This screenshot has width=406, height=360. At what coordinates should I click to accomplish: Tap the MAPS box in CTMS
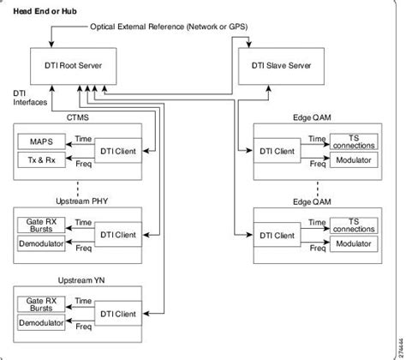(x=40, y=141)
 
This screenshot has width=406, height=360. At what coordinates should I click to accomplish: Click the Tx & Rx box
(x=40, y=160)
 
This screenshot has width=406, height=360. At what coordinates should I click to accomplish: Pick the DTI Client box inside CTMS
(x=116, y=151)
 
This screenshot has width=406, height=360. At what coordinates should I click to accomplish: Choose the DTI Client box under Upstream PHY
(x=116, y=234)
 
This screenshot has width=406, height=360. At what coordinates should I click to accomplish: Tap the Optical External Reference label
(x=170, y=27)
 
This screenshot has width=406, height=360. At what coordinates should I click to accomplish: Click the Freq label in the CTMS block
(x=84, y=164)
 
